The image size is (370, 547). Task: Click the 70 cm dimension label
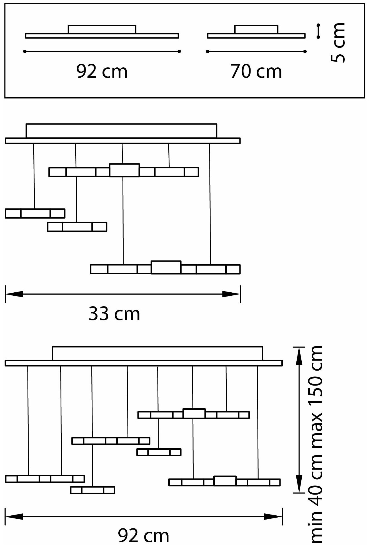pos(256,72)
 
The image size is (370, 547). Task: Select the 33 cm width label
pos(114,314)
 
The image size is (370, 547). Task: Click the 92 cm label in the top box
pos(102,72)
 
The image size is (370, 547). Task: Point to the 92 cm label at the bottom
pos(144,535)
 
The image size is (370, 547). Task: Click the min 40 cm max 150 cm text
pos(317,444)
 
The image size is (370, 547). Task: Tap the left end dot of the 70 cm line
pos(207,51)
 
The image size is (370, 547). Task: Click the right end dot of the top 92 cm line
pos(179,51)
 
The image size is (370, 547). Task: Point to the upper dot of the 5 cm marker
pos(319,25)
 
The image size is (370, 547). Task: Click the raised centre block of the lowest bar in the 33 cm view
pos(166,267)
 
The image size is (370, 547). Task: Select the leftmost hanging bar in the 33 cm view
pos(35,213)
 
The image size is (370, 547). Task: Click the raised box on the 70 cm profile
pos(256,29)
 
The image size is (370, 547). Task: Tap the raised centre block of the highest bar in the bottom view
pos(194,413)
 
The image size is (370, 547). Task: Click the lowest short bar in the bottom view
pos(92,490)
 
